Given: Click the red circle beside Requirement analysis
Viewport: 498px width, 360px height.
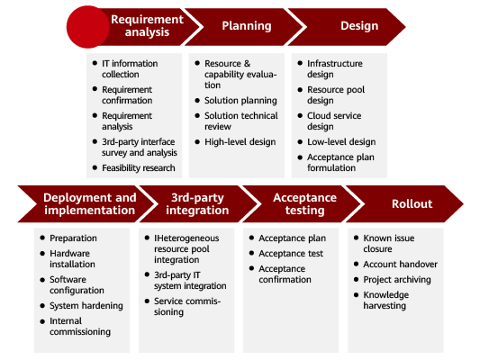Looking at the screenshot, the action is pyautogui.click(x=87, y=27).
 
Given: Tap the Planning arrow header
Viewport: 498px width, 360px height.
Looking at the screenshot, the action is pyautogui.click(x=244, y=27).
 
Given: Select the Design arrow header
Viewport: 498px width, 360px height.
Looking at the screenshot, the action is pyautogui.click(x=347, y=27).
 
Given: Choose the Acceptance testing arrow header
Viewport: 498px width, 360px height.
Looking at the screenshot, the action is pyautogui.click(x=302, y=203).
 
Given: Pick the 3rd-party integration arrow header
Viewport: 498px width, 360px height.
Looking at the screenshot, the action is pyautogui.click(x=198, y=203).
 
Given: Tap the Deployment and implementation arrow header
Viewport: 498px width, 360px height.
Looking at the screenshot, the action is pyautogui.click(x=86, y=203).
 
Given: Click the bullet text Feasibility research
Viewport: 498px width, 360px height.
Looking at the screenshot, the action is pyautogui.click(x=139, y=167).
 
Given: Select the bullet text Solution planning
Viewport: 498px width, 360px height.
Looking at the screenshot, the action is pyautogui.click(x=240, y=100).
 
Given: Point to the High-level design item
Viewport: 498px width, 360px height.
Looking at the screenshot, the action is pyautogui.click(x=240, y=141).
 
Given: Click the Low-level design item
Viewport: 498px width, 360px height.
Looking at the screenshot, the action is pyautogui.click(x=341, y=141).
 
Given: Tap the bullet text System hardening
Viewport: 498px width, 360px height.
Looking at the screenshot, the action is pyautogui.click(x=86, y=305).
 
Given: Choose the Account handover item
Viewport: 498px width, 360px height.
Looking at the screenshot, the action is pyautogui.click(x=400, y=264).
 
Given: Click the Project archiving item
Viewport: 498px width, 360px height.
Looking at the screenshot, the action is pyautogui.click(x=397, y=279).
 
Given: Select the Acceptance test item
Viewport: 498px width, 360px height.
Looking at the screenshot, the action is pyautogui.click(x=291, y=253).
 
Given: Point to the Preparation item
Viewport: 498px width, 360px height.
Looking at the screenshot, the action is pyautogui.click(x=73, y=238).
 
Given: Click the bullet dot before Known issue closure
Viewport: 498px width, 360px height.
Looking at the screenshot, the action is pyautogui.click(x=356, y=238).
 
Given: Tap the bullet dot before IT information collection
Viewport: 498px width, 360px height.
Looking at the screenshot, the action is pyautogui.click(x=95, y=63).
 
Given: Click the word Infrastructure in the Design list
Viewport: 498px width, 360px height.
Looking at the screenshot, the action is pyautogui.click(x=335, y=64).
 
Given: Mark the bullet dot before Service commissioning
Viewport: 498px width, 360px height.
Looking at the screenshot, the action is pyautogui.click(x=147, y=301).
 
